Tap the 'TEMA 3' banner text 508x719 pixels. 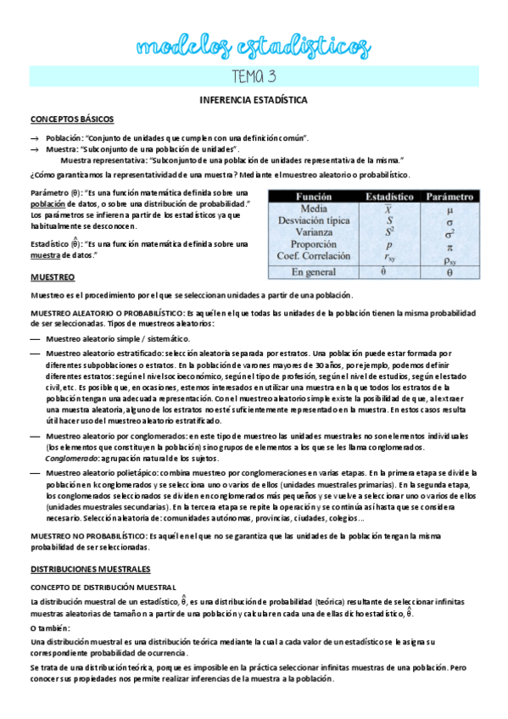point(254,76)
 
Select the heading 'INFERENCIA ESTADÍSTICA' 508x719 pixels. point(254,100)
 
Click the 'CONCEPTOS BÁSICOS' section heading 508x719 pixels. point(72,120)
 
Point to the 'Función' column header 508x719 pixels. point(314,196)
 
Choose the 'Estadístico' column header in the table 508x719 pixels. point(389,196)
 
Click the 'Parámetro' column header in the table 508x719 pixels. point(449,196)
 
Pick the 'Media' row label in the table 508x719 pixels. point(314,209)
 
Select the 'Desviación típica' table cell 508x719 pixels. point(314,220)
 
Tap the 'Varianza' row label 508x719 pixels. point(314,232)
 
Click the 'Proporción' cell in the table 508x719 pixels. point(314,244)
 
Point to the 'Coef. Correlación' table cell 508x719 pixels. point(314,256)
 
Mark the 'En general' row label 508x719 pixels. point(314,272)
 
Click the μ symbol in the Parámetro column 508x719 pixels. point(449,209)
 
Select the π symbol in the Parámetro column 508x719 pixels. point(449,244)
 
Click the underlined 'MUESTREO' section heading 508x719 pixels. point(53,277)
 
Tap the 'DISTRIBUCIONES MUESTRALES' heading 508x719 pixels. point(90,545)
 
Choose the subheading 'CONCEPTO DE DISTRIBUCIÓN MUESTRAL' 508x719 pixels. point(103,563)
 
